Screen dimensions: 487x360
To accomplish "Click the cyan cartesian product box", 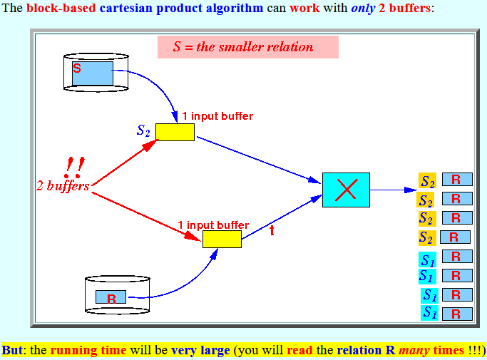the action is point(346,190).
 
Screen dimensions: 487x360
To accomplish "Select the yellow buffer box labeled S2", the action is point(175,133).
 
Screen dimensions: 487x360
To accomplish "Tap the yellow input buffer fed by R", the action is point(222,240).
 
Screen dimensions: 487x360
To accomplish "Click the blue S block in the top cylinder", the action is point(93,73).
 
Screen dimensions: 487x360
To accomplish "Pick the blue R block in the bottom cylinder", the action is point(111,297).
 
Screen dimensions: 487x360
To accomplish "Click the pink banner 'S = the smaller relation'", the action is point(248,47).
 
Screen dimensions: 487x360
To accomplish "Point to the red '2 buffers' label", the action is point(63,186).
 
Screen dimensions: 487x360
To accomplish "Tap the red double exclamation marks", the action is point(75,167).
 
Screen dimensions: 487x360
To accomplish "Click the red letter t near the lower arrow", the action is point(272,230).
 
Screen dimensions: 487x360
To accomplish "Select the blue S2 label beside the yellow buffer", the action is point(143,130).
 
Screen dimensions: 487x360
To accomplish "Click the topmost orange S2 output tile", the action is point(427,180).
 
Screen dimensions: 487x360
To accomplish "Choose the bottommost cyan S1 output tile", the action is point(429,313).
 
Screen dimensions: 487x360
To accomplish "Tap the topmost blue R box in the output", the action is point(457,180).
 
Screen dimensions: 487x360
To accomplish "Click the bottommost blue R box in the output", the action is point(457,314).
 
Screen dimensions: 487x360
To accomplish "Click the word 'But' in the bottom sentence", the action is point(12,350).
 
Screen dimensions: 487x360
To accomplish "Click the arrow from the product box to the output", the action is point(393,190).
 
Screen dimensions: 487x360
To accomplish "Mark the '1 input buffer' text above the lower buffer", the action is point(213,225).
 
